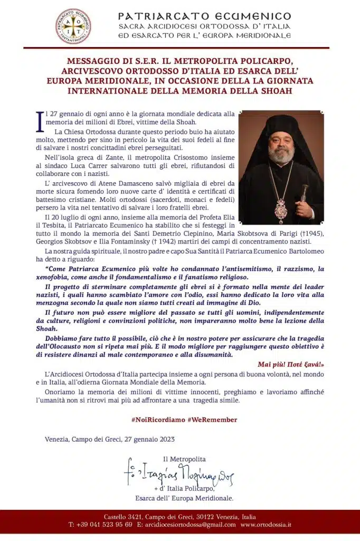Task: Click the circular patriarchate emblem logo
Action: tap(73, 26)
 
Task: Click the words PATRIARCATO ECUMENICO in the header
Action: tap(205, 16)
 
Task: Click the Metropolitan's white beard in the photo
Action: tap(281, 155)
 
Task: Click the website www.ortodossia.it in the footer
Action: tap(267, 525)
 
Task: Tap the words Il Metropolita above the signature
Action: tap(184, 459)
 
